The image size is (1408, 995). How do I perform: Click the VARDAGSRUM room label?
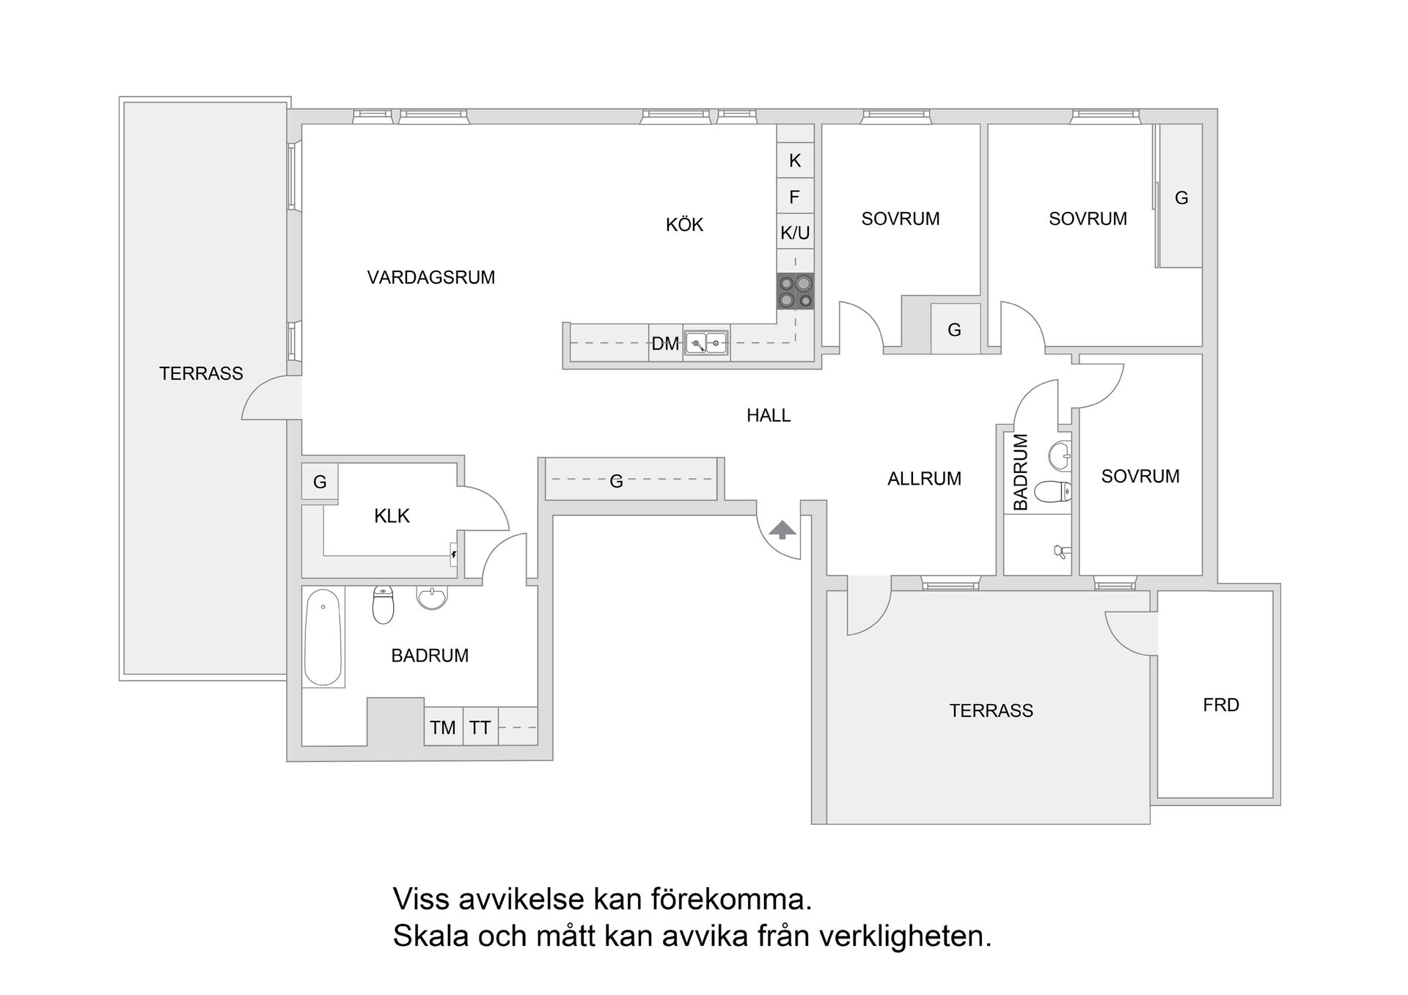(x=431, y=277)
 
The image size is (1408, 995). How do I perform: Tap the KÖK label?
(x=684, y=224)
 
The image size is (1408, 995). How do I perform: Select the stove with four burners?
(x=796, y=291)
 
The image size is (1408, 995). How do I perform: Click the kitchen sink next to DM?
(x=706, y=342)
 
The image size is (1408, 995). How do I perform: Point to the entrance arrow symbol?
(x=782, y=529)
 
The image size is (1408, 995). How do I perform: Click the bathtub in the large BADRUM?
(x=323, y=636)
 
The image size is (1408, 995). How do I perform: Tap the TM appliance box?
(x=443, y=727)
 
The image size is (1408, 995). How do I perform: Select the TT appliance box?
(x=480, y=727)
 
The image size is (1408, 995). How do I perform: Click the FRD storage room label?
(x=1221, y=705)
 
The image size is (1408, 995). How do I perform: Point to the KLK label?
(x=392, y=515)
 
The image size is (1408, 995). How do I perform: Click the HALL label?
(x=769, y=415)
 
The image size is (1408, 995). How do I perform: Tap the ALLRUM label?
(x=924, y=478)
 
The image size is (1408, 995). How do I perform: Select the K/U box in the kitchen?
(x=795, y=232)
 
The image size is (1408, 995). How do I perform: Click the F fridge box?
(x=794, y=197)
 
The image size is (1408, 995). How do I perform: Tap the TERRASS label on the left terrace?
(x=201, y=373)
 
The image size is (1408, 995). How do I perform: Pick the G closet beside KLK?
(x=320, y=482)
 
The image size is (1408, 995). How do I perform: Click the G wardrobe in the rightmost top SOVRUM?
(x=1181, y=197)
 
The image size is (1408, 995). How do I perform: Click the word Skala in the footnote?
(x=429, y=936)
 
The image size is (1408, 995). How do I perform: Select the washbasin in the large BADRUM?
(x=431, y=597)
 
